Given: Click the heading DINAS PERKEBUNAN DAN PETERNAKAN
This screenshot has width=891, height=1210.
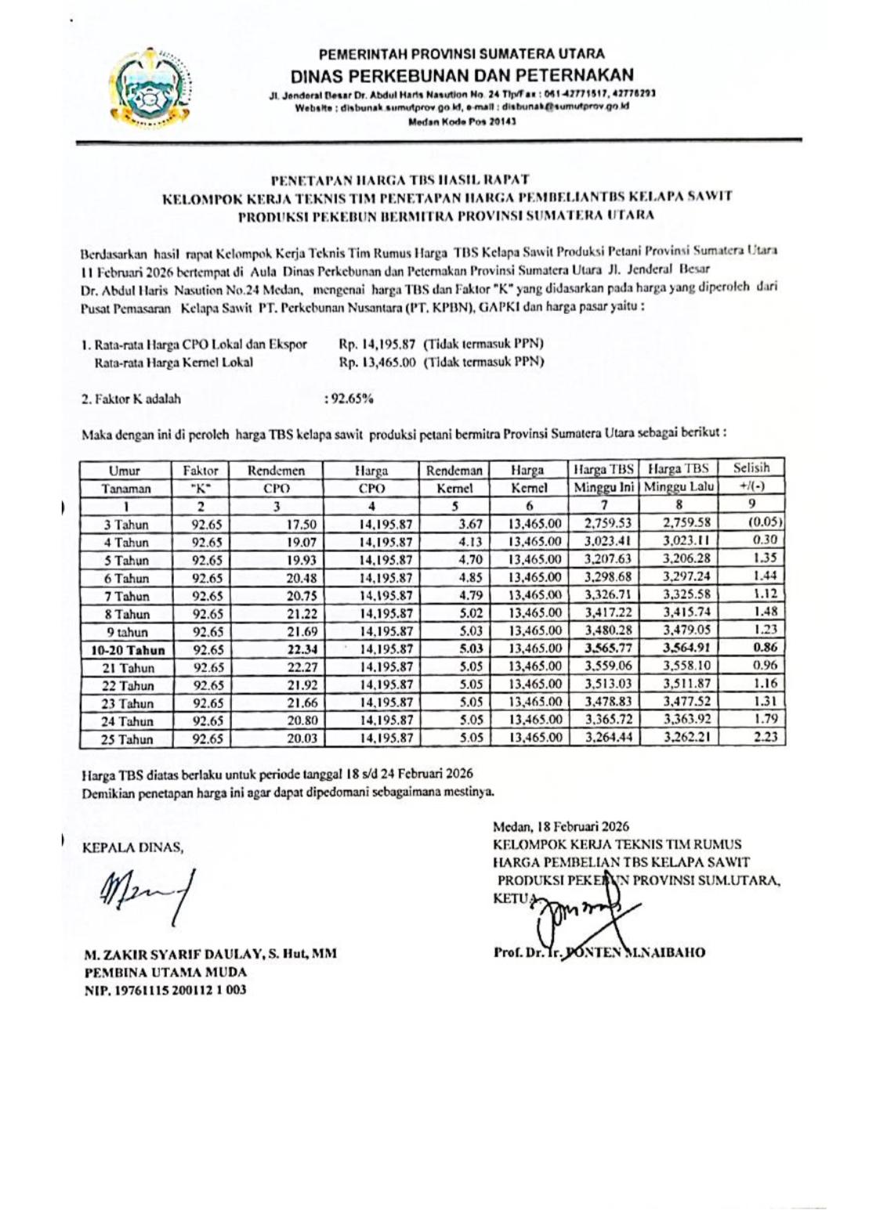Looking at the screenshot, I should pos(462,75).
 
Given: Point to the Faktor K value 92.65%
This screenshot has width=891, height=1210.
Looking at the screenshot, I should pos(350,398).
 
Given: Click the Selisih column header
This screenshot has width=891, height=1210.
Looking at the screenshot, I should pos(751,468).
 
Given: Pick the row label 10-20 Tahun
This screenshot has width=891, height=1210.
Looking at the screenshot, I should pos(127,650).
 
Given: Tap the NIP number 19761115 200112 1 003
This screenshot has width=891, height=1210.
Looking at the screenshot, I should pos(165,990).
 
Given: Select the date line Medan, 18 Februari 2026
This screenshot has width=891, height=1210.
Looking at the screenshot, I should pos(560,826).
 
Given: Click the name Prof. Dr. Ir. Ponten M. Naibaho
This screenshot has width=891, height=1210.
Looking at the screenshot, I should pos(599,953).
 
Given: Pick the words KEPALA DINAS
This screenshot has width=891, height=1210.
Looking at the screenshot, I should pos(132,846).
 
